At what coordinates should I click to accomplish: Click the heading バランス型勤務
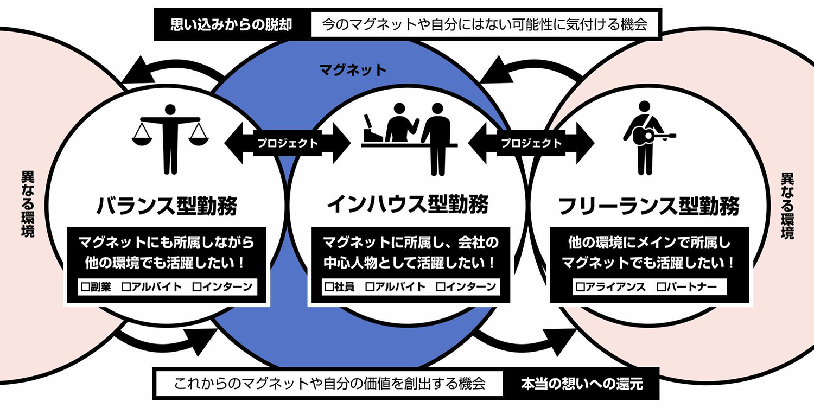pos(167,207)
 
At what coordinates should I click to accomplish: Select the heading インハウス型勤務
pos(408,205)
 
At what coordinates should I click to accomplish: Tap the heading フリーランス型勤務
pos(649,207)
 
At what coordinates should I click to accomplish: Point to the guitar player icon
pos(647,138)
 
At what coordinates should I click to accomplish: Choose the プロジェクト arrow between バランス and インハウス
pos(287,144)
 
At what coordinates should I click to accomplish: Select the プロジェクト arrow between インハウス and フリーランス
pos(531,144)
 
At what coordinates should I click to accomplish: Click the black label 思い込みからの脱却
pos(232,25)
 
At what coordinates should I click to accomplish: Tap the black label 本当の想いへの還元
pos(582,384)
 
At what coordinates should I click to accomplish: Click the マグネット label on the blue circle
pos(353,69)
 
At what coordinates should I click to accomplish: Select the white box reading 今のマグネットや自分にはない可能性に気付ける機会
pos(485,25)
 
